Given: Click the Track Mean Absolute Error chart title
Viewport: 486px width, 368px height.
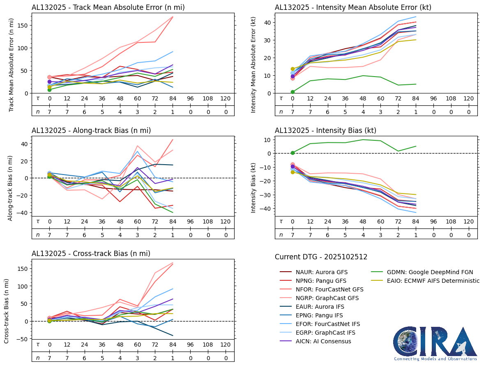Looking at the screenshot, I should [108, 7].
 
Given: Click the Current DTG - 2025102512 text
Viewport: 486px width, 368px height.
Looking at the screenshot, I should [321, 257].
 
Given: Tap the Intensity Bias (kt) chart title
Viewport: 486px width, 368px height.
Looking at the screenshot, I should [325, 130].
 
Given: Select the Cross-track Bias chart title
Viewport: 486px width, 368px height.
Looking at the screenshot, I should [91, 254].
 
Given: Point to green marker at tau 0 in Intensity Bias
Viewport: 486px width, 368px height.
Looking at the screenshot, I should [293, 153].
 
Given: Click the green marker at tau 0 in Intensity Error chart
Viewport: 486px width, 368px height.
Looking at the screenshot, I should [293, 92].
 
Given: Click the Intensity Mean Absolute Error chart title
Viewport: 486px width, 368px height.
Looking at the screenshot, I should [353, 7].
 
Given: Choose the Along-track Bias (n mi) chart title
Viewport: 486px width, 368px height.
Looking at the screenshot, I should [91, 130].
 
